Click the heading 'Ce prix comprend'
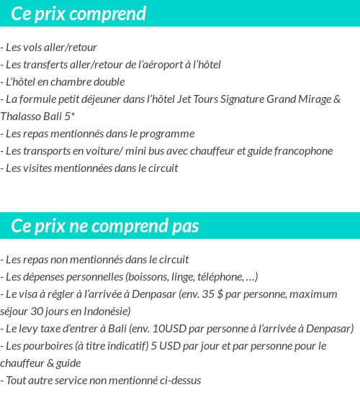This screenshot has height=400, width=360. tap(78, 14)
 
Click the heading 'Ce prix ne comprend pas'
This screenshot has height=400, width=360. tap(105, 226)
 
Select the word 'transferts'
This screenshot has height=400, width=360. tap(45, 65)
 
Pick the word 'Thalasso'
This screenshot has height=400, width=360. tap(21, 117)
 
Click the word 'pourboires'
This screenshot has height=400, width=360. tap(46, 346)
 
